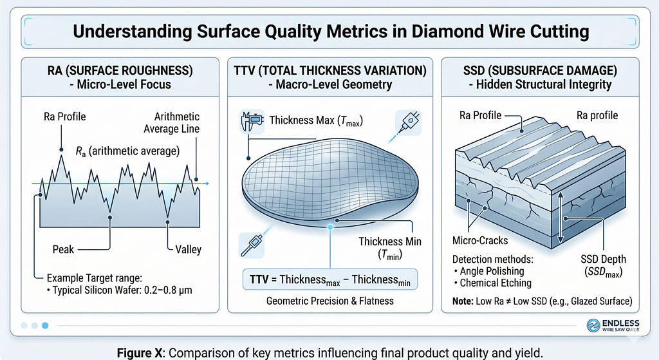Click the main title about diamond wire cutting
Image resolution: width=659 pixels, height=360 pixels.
[329, 32]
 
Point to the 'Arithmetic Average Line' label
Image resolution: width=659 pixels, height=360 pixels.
[177, 123]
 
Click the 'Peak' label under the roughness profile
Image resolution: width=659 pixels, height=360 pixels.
[64, 249]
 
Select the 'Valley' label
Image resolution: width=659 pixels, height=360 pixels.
[188, 249]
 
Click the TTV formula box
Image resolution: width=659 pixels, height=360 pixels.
[329, 281]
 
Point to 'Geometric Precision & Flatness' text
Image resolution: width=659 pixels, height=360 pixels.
[329, 301]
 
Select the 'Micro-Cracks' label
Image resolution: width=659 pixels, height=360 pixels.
[480, 241]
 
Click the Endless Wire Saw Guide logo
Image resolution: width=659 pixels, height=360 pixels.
[616, 327]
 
